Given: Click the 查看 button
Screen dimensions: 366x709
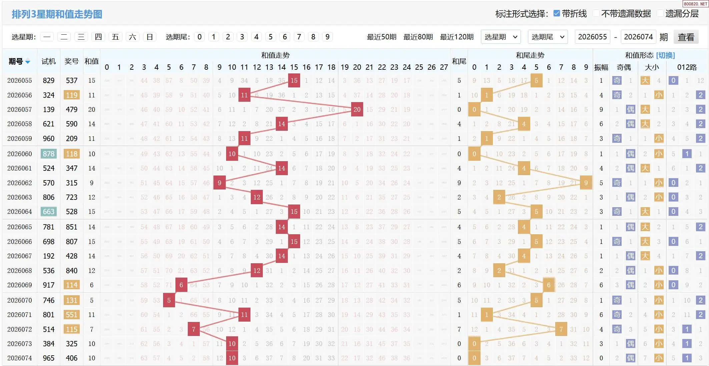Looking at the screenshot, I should pos(686,37).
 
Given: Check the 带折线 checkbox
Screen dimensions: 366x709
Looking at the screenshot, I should pos(556,13).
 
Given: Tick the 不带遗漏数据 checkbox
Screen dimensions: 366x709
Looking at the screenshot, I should pos(596,13).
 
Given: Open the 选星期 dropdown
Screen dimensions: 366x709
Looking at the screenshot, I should pos(501,37).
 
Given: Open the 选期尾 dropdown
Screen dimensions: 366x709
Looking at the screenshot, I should pos(548,37).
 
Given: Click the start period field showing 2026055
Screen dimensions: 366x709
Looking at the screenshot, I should pos(592,37).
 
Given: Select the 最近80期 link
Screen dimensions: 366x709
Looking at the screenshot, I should pos(418,37).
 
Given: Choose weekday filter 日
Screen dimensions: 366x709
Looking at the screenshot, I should pos(150,37).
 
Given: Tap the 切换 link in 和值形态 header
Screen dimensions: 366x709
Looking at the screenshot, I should pos(665,55).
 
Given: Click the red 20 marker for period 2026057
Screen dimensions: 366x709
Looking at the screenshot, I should pos(357,109).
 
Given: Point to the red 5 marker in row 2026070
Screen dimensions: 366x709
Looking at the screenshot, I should pos(169,300).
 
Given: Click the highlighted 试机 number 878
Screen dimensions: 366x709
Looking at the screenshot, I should pos(49,154).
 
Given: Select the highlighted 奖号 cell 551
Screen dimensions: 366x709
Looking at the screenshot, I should pos(72,315).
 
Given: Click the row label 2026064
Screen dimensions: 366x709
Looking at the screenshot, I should pos(20,212).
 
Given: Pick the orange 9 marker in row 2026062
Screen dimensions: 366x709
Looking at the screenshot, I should pos(586,183).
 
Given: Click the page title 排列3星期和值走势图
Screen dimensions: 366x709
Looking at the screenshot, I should pos(57,14).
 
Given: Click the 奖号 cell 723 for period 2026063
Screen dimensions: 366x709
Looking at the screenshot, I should pos(72,197).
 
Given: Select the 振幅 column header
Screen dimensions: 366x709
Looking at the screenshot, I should pos(601,67).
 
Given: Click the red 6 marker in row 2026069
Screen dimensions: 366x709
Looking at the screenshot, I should pos(181,285).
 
